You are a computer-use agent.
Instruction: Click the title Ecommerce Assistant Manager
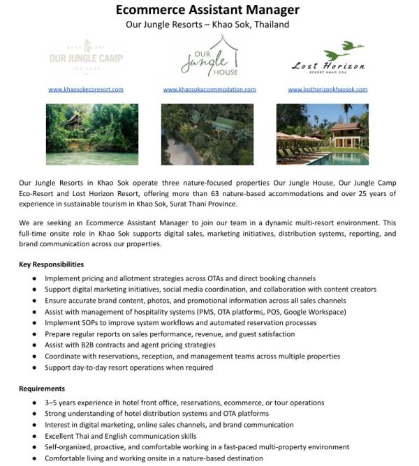pos(207,10)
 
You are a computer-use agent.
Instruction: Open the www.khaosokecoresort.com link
pos(86,89)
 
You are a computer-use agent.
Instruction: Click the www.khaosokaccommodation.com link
pos(209,89)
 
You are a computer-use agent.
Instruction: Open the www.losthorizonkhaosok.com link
pos(328,89)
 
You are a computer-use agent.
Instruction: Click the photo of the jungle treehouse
pos(87,134)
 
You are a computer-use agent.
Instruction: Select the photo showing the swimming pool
pos(322,134)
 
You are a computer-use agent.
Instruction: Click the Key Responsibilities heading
pos(51,265)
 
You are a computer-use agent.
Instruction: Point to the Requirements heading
pos(42,388)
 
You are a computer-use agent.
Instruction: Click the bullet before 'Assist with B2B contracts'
pos(35,345)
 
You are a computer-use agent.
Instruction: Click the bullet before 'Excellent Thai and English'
pos(35,436)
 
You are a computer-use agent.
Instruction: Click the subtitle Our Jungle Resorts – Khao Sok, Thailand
pos(207,24)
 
